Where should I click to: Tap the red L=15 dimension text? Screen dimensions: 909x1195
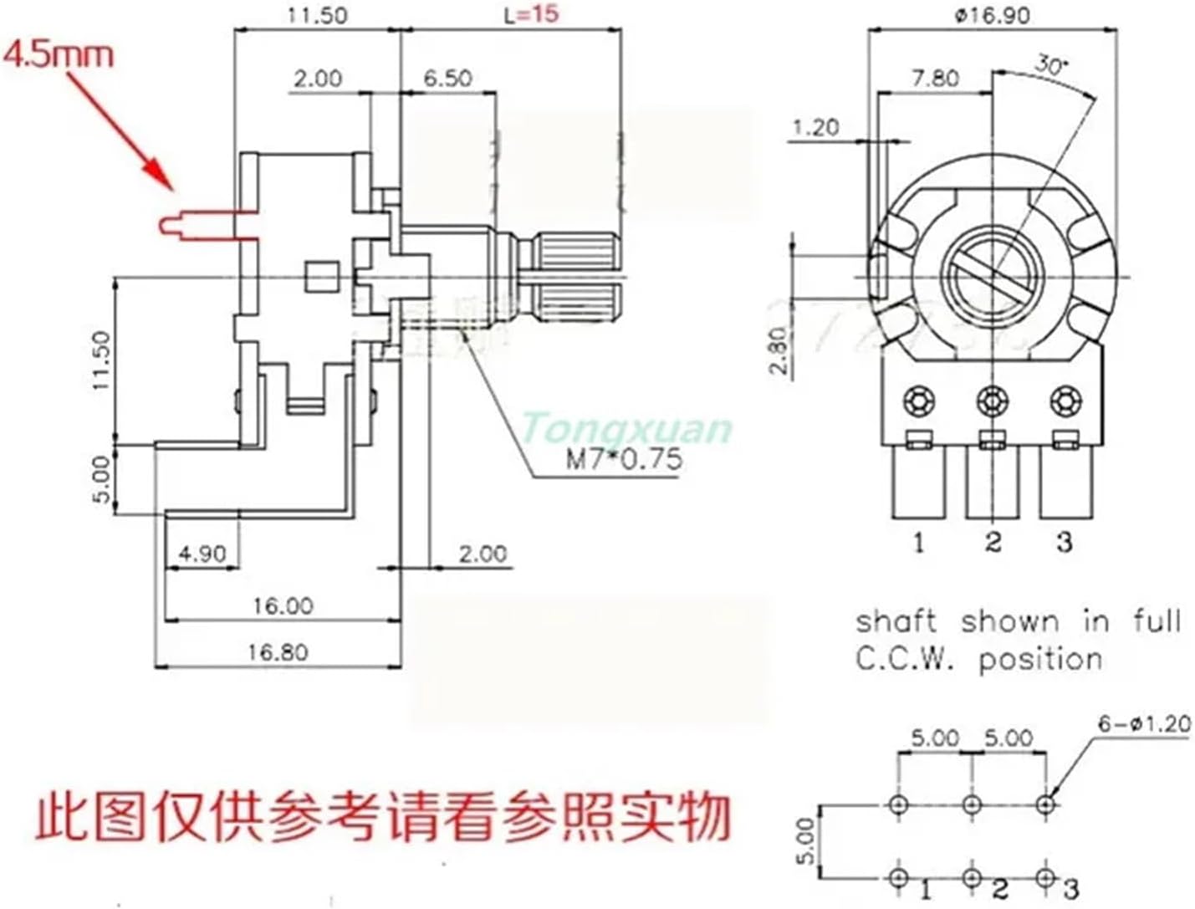pos(531,14)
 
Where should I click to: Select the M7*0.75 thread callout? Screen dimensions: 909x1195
pos(623,459)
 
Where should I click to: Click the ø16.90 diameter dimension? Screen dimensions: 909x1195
pos(993,15)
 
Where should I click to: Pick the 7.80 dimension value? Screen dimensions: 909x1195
pos(935,78)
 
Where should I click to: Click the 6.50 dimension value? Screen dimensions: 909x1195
pos(447,78)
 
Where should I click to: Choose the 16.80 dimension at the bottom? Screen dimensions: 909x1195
pos(277,651)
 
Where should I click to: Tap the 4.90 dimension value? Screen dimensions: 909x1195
pos(202,554)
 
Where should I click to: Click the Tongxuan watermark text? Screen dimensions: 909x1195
pos(626,429)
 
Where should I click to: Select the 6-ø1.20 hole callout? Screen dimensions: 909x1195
pos(1144,723)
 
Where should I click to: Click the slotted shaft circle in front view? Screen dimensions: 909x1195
pos(993,276)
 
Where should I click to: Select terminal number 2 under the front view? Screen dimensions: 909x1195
pos(993,542)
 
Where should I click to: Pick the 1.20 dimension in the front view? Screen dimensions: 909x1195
pos(815,127)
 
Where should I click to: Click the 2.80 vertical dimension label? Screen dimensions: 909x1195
pos(777,350)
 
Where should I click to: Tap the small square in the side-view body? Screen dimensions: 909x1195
pos(320,277)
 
